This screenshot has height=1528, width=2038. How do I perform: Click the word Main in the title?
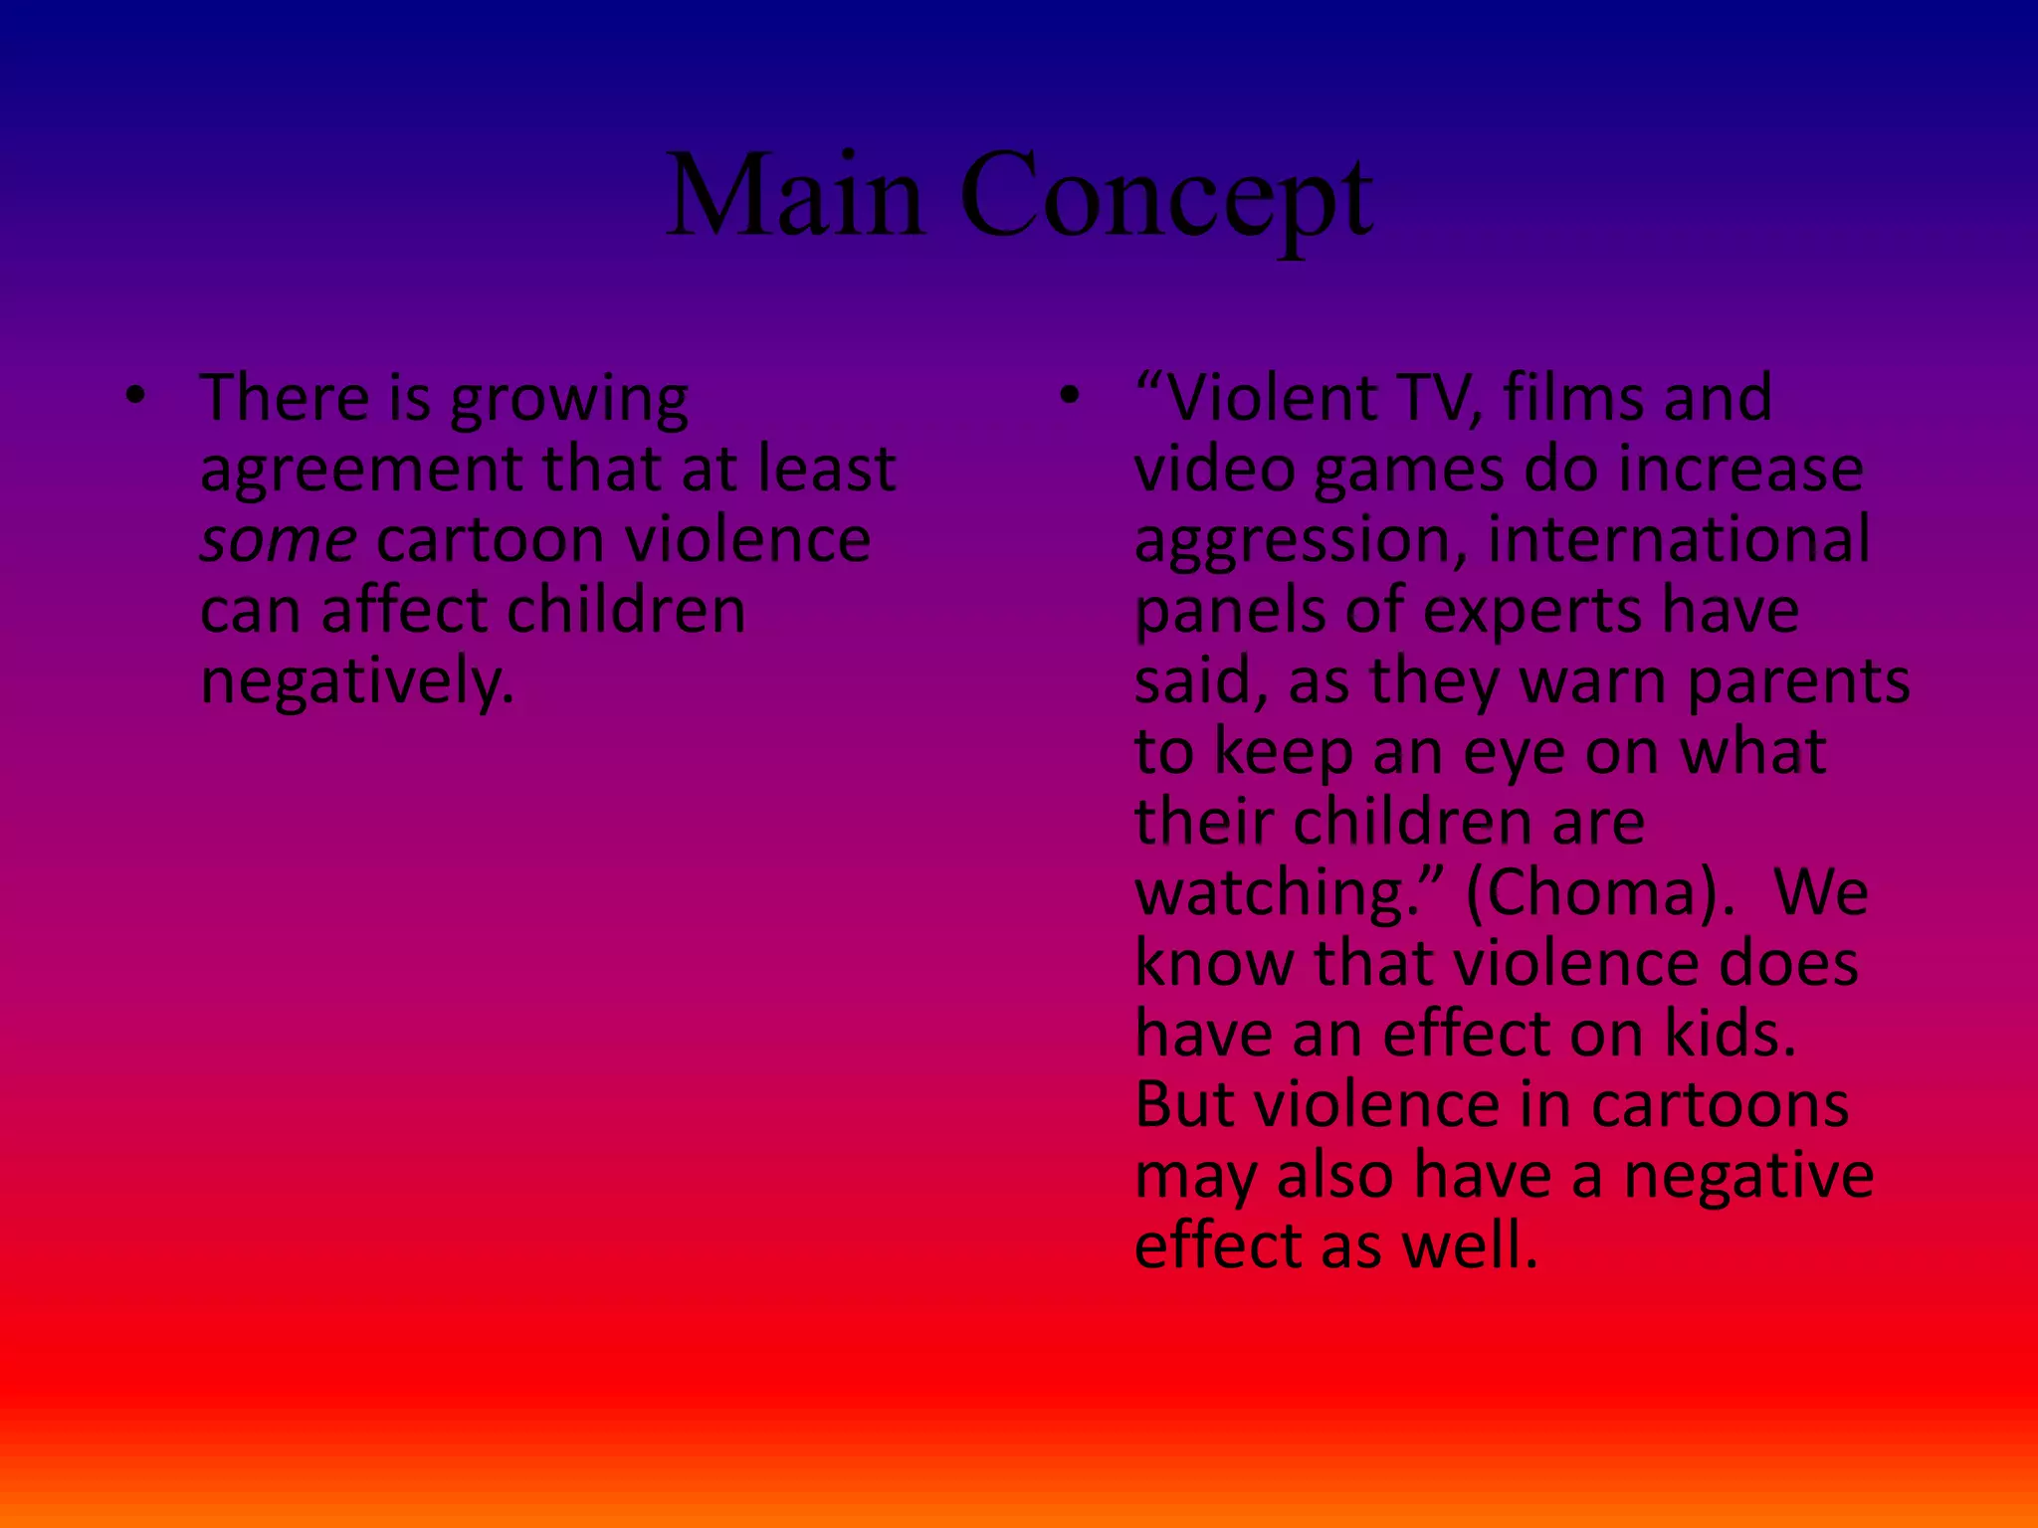coord(795,196)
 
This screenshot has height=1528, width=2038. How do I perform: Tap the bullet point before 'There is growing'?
coord(136,397)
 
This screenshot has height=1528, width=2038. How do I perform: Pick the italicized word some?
coord(278,540)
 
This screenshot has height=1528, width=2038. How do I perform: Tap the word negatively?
coord(357,683)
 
